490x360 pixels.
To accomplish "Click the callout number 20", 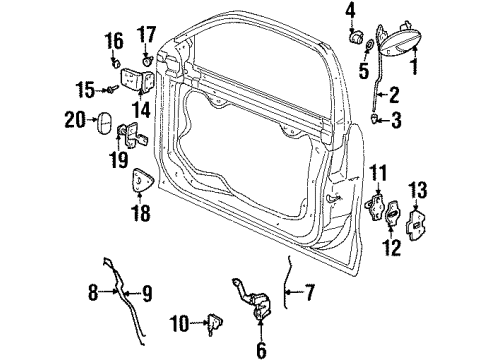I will click(x=72, y=121).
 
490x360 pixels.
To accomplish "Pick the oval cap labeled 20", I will click(x=105, y=121).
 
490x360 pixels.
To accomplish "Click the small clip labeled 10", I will click(x=213, y=321).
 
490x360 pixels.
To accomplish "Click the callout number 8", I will click(x=95, y=294).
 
